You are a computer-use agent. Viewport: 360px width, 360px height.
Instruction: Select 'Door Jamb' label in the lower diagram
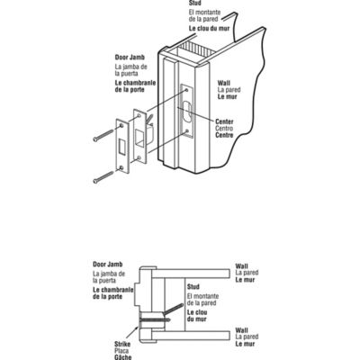coord(107,265)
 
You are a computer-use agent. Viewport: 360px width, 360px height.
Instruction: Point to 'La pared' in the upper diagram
coord(229,91)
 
